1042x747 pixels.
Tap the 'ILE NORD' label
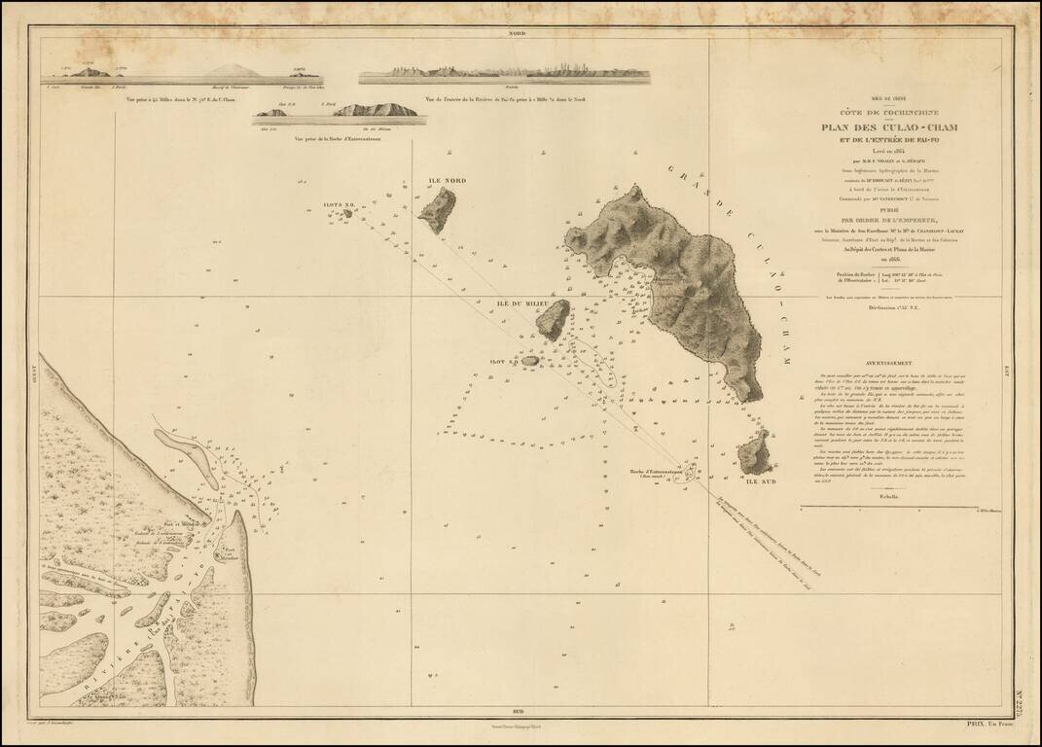[x=449, y=181]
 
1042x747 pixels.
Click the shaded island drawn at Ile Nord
[x=437, y=209]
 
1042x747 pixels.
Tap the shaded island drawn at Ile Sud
[x=753, y=453]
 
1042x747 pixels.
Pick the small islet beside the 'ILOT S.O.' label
[x=530, y=361]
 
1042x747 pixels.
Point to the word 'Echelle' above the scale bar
[x=887, y=497]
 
